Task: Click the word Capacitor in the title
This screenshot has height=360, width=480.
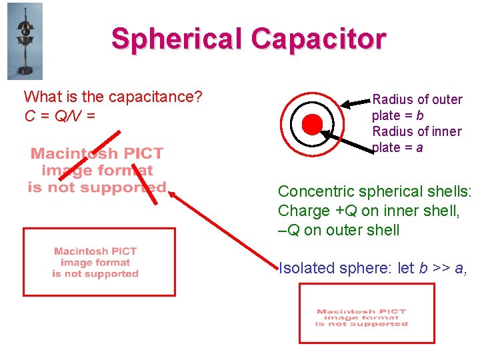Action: point(318,39)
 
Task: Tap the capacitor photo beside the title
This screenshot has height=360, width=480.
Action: point(25,41)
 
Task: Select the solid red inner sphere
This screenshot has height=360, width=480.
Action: point(311,124)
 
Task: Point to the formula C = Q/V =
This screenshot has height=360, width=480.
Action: point(59,116)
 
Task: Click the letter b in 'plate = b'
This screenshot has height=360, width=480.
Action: point(421,115)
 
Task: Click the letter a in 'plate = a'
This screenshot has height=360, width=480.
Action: point(419,147)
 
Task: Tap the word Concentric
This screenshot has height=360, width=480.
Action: point(309,191)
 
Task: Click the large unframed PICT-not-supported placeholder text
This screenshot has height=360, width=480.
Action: point(97,171)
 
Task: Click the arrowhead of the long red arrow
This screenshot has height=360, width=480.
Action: point(171,194)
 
